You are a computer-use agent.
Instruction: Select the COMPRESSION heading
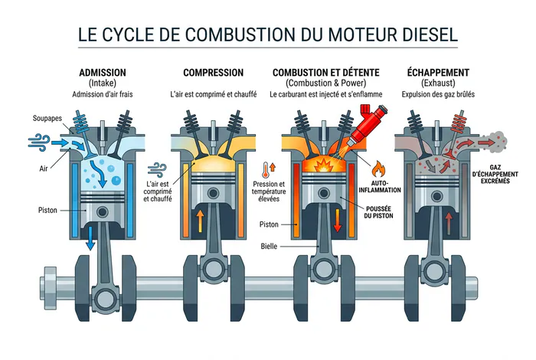[x=213, y=73]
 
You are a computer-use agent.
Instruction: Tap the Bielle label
[x=269, y=246]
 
